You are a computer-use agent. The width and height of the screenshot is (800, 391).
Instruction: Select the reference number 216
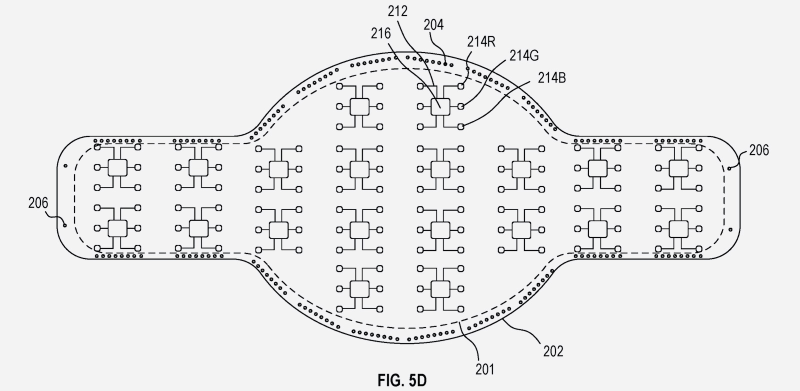pos(380,33)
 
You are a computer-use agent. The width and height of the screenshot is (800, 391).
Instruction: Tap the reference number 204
pos(433,24)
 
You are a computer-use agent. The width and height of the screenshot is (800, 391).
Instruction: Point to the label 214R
pos(481,41)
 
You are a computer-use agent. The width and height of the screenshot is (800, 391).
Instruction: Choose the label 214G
pos(524,55)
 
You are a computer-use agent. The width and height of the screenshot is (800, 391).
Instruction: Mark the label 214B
pos(552,77)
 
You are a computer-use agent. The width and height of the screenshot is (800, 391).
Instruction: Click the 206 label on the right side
pos(758,150)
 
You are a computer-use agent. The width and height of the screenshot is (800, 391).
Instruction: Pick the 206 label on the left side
pos(38,202)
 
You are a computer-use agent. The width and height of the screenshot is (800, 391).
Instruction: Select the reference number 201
pos(484,369)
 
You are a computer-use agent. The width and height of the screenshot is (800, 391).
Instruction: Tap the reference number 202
pos(553,351)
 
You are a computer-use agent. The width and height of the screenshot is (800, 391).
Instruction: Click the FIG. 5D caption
pos(402,380)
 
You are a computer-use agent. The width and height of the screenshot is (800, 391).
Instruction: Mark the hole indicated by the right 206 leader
pos(729,168)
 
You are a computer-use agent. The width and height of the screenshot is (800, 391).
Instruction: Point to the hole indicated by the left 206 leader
pos(65,225)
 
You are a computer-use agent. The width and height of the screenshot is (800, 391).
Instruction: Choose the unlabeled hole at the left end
pos(65,166)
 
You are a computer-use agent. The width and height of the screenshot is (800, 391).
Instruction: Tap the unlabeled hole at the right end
pos(730,229)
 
